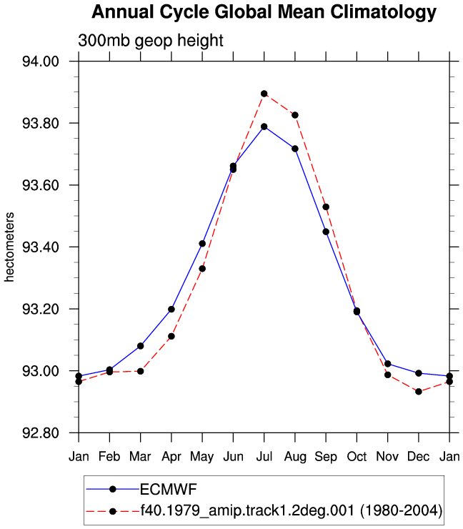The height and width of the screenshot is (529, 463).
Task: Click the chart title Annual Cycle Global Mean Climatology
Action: click(x=264, y=13)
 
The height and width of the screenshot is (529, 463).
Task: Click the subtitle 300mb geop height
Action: click(x=150, y=41)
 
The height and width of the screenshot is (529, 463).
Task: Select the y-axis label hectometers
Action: click(x=9, y=247)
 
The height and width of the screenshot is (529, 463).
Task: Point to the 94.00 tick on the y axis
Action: click(x=41, y=61)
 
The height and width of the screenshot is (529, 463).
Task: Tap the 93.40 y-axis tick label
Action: click(x=41, y=247)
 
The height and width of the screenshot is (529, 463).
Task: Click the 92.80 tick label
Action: click(x=41, y=432)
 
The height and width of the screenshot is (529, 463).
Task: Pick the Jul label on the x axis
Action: click(x=264, y=457)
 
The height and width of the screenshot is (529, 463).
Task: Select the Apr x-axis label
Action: click(x=171, y=457)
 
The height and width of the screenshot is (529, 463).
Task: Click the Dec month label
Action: click(x=419, y=457)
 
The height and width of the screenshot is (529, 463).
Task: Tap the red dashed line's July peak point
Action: click(x=264, y=94)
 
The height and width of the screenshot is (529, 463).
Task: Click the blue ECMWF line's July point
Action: click(x=264, y=127)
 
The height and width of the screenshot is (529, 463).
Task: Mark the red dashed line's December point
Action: click(x=419, y=392)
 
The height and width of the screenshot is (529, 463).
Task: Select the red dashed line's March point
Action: click(x=140, y=371)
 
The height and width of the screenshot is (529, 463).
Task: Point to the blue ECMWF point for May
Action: click(x=202, y=244)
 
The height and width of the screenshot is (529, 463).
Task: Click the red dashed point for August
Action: click(x=295, y=115)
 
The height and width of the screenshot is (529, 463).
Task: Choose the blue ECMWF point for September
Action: click(x=326, y=232)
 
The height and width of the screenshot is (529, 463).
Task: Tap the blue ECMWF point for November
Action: click(x=388, y=364)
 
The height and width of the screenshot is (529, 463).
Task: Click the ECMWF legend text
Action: click(x=169, y=489)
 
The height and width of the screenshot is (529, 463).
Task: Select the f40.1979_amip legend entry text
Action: click(x=292, y=511)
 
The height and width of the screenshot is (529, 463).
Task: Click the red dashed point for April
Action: click(x=171, y=337)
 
